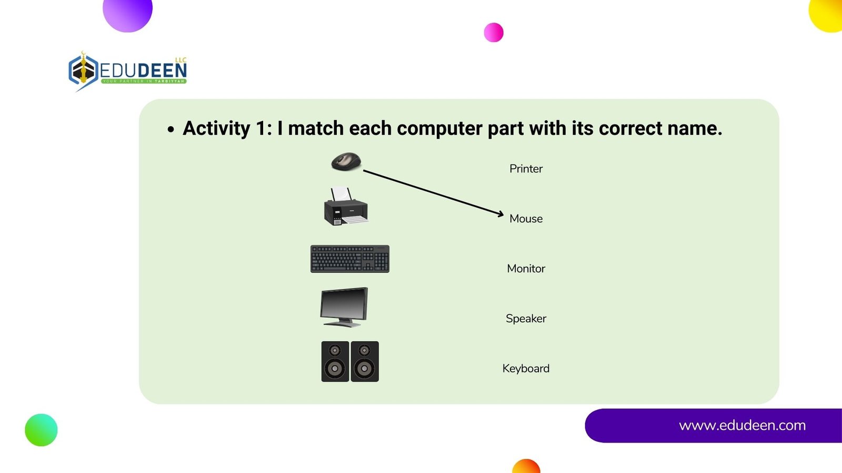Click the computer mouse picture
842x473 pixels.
tap(346, 162)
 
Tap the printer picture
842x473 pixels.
tap(346, 207)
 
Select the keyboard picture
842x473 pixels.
tap(350, 259)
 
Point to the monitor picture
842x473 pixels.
tap(344, 307)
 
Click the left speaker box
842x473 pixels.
tap(335, 362)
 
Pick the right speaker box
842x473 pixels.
tap(365, 362)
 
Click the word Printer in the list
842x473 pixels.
tap(526, 169)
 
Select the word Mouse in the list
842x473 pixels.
tap(526, 219)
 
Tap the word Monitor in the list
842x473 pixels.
tap(526, 269)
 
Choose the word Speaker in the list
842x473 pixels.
tap(526, 318)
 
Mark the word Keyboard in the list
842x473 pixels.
tap(526, 368)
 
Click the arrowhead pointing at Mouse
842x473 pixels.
tap(500, 214)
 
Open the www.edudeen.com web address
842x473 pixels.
tap(742, 425)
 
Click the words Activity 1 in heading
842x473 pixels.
tap(227, 128)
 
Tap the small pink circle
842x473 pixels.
tap(494, 32)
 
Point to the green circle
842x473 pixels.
tap(42, 430)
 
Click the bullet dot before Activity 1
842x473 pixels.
tap(171, 129)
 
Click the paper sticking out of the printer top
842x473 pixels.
tap(342, 194)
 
